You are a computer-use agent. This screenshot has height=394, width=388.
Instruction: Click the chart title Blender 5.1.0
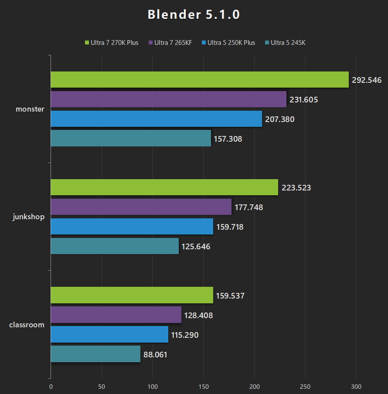point(194,14)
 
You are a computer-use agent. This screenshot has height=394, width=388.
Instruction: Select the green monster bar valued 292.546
point(199,80)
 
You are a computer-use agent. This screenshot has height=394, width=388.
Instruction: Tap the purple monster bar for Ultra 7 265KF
point(168,99)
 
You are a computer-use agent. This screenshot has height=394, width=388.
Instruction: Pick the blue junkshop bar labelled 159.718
point(132,227)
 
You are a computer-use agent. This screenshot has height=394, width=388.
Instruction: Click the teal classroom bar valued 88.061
point(95,354)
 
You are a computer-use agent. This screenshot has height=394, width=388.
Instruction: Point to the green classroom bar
point(132,295)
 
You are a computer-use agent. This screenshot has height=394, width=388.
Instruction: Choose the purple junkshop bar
point(141,207)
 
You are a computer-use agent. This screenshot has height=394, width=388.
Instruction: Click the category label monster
point(30,109)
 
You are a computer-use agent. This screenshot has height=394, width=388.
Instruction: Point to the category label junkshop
point(29,217)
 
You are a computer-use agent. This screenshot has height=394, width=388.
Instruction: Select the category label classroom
point(27,325)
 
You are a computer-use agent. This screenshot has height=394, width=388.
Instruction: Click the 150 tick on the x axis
point(203,386)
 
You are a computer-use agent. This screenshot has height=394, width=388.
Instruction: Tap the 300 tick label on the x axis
point(356,386)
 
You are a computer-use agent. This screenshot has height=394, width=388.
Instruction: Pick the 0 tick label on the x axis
point(51,386)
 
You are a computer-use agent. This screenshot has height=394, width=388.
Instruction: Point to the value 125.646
point(196,247)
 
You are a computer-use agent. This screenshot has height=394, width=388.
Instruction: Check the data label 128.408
point(198,315)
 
